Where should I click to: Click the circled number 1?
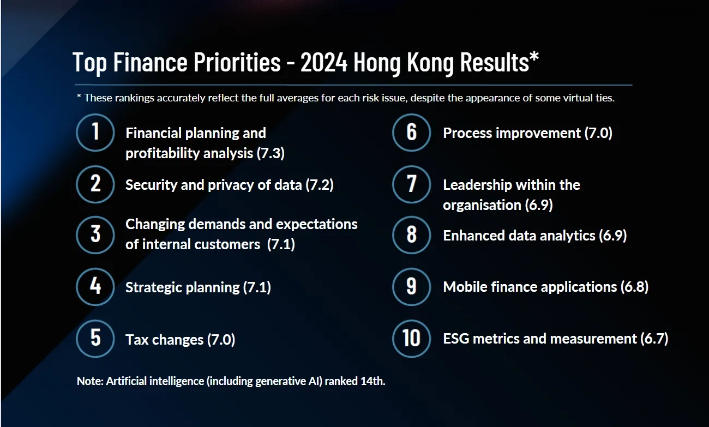point(95,133)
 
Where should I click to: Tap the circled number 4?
point(95,286)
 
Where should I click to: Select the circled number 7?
point(411,184)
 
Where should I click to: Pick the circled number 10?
point(411,338)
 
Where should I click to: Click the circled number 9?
point(411,286)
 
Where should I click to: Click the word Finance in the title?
point(151,62)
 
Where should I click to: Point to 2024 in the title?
point(323,62)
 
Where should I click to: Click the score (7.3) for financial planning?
point(271,154)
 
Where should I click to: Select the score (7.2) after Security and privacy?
point(320,185)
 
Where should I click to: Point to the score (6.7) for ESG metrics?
point(654,339)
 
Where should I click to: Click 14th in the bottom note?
point(372,381)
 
